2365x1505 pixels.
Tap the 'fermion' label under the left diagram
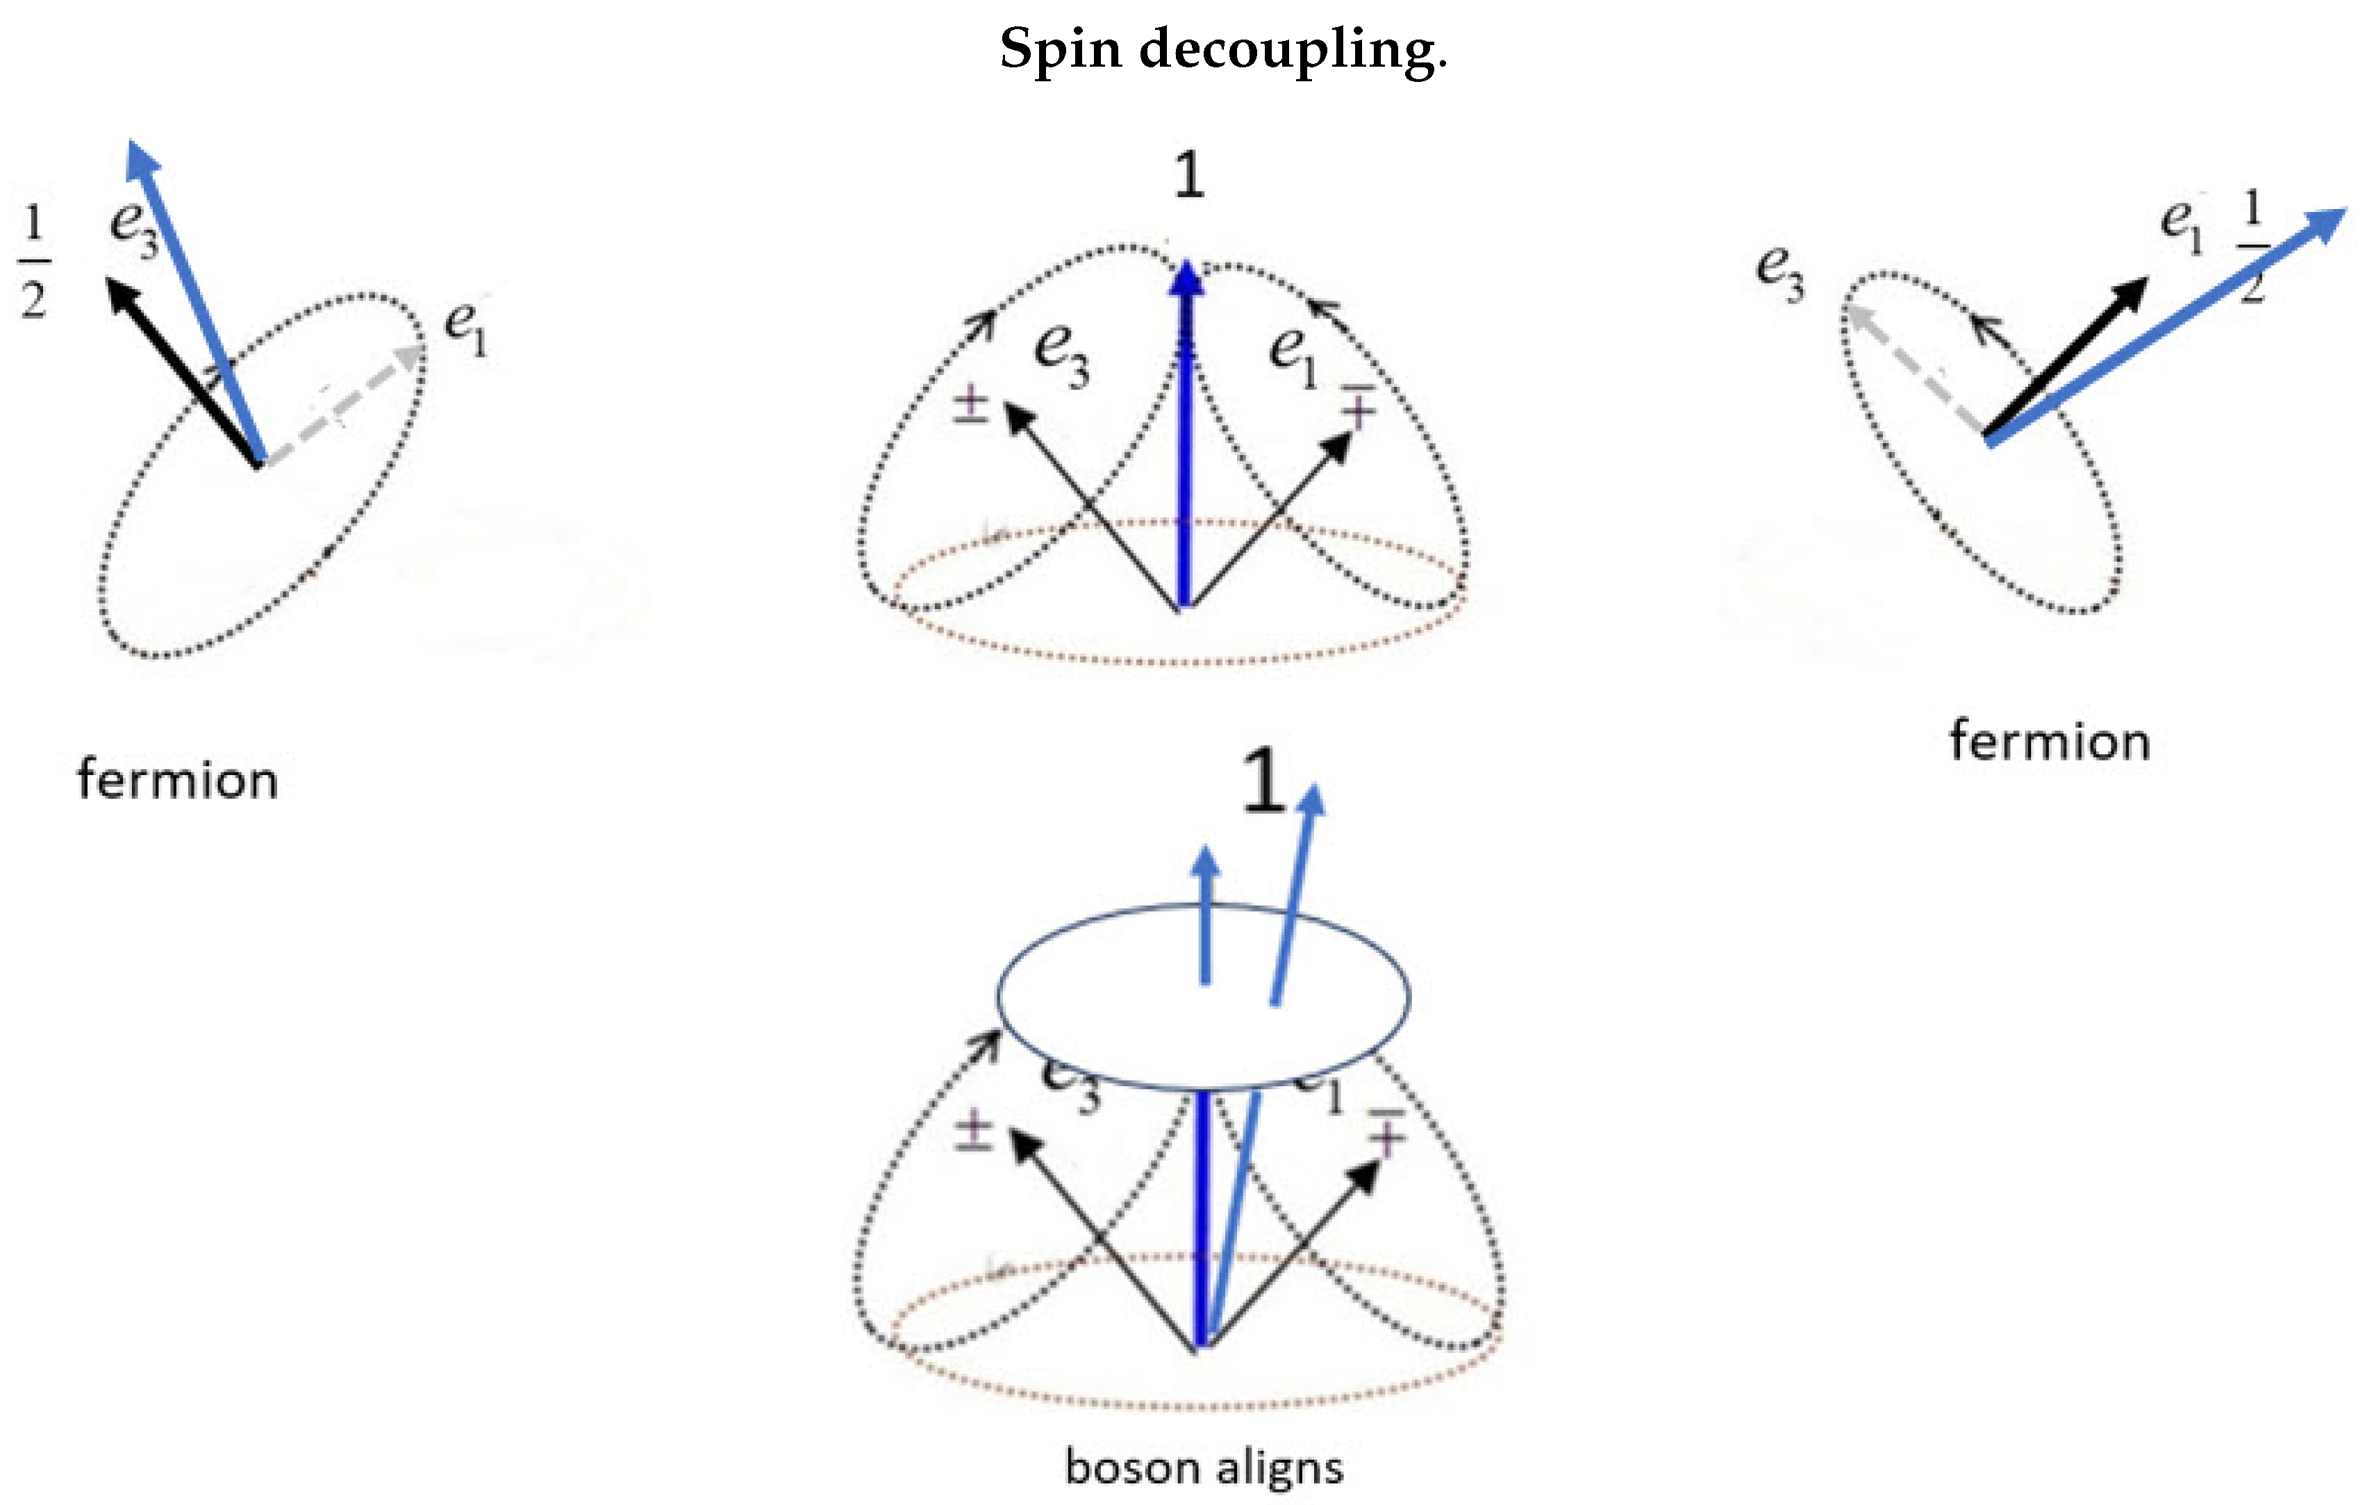(x=178, y=781)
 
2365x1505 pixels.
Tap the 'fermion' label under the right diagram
(x=2050, y=742)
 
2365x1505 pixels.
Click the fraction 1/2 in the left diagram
(x=33, y=263)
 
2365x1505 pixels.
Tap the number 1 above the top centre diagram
(x=1188, y=177)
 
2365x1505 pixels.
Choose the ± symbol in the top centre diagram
(x=970, y=406)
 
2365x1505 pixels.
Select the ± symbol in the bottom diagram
(x=973, y=1130)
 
